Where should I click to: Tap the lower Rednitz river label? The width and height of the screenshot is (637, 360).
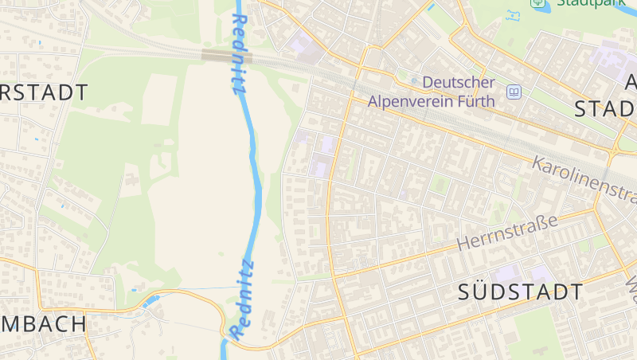[241, 297]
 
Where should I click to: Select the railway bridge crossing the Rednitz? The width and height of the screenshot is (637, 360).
[227, 56]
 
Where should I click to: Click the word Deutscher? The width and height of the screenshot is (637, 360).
[459, 82]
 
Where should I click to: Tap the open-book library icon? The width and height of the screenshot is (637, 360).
[514, 92]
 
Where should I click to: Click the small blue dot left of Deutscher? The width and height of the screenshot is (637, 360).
[414, 81]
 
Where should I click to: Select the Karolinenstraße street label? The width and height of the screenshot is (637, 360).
[585, 180]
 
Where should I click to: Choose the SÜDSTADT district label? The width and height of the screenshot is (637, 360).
[521, 292]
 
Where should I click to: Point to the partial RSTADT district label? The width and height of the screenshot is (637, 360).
[44, 92]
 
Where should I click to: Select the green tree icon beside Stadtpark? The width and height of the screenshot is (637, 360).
[537, 2]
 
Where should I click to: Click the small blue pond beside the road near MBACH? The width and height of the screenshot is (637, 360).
[150, 300]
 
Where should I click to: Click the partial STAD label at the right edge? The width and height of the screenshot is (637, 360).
[604, 109]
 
